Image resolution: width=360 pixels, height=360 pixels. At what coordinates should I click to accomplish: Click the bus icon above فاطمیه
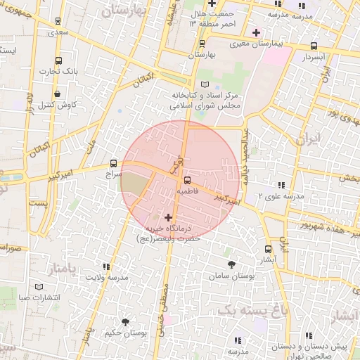click(x=186, y=180)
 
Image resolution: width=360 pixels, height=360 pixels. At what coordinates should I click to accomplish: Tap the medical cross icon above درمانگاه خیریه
click(x=167, y=217)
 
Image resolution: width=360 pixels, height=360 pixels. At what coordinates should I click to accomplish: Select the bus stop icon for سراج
click(x=114, y=162)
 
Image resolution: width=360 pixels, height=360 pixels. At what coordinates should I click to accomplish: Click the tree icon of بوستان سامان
click(x=232, y=264)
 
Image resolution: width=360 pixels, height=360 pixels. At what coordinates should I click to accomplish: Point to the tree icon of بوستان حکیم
click(x=125, y=322)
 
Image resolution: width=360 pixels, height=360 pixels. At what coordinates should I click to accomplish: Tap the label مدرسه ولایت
click(x=108, y=278)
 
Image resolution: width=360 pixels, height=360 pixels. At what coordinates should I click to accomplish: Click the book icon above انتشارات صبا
click(x=39, y=287)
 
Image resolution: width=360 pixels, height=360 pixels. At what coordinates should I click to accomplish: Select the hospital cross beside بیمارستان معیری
click(x=257, y=32)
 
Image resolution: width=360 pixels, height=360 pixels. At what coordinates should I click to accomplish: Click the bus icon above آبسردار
click(x=313, y=46)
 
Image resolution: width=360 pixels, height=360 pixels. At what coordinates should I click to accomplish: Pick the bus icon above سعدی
click(x=58, y=22)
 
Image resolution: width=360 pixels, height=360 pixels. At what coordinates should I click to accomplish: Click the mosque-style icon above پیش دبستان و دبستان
click(x=308, y=337)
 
